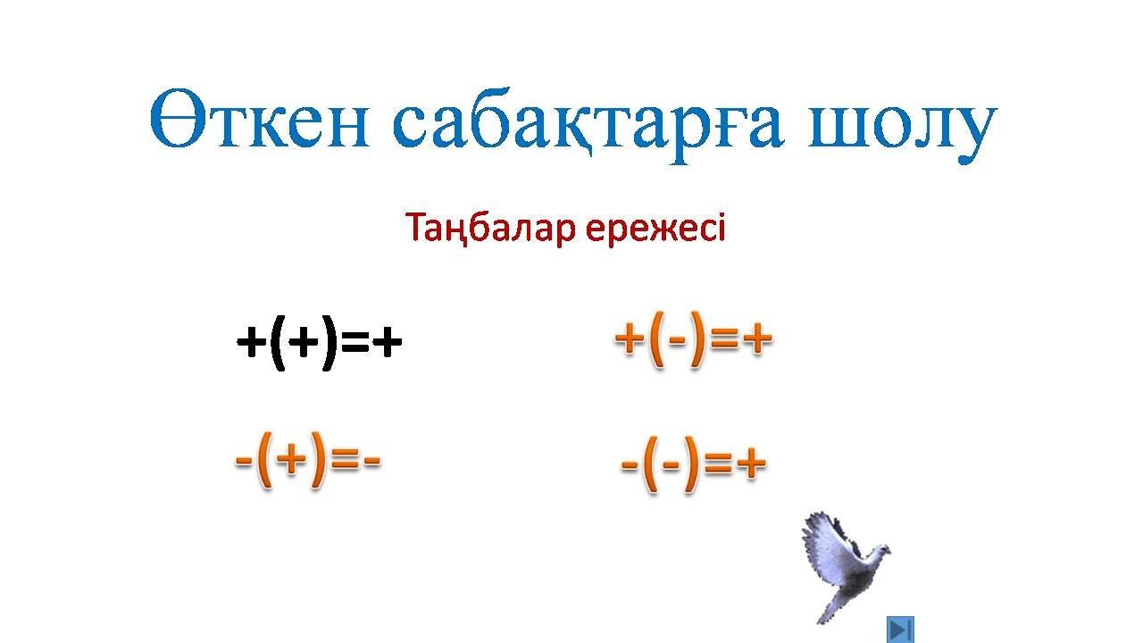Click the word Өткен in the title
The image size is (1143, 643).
(259, 118)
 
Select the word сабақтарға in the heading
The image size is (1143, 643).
(588, 126)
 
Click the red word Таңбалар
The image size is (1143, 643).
(490, 229)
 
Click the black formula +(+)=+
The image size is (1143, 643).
(320, 341)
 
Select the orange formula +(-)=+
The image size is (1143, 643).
(694, 338)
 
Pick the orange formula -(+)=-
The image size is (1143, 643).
(308, 460)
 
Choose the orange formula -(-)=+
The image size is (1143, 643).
(694, 463)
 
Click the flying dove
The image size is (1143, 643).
(845, 566)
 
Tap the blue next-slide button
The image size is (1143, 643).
(900, 630)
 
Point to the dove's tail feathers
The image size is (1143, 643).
(830, 610)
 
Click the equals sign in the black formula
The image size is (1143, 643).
(355, 342)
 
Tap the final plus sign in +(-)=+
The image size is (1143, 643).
(758, 338)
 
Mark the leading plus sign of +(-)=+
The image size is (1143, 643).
(630, 338)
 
